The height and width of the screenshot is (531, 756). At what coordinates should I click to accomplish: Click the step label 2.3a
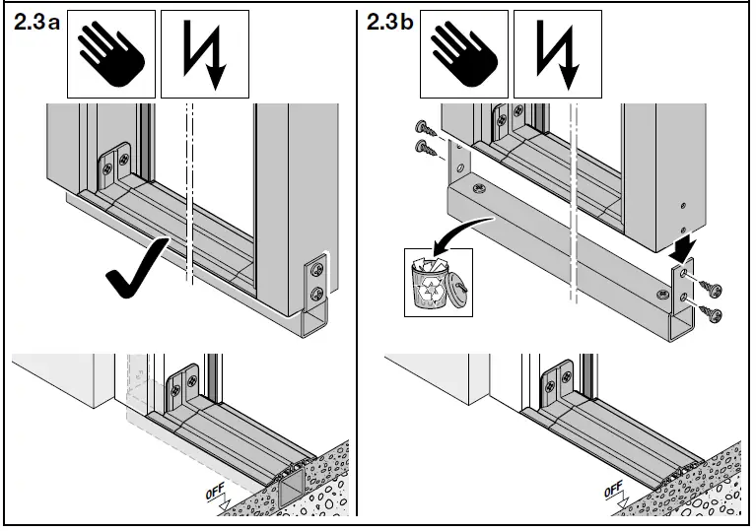pyautogui.click(x=35, y=24)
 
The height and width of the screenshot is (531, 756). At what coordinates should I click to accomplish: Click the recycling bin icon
pyautogui.click(x=431, y=281)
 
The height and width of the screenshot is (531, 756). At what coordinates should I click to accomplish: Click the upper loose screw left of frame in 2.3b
pyautogui.click(x=426, y=128)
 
